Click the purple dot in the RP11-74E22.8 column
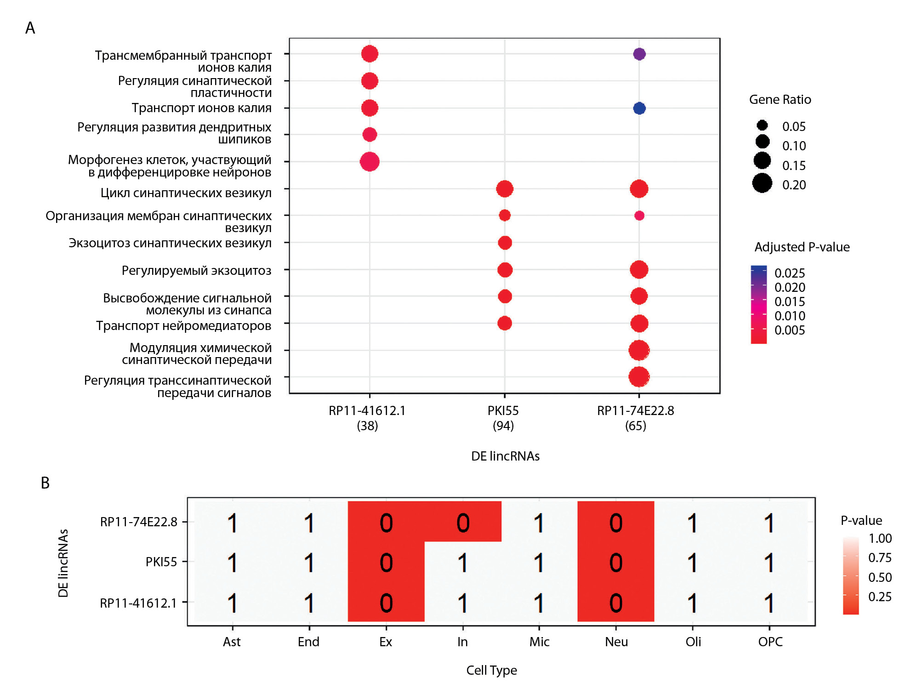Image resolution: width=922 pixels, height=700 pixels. tap(639, 54)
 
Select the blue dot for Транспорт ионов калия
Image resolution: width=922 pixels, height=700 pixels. tap(639, 108)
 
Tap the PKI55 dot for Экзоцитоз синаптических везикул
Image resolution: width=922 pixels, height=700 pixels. tap(505, 243)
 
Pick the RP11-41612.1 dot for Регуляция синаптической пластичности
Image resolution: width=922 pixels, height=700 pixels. tap(370, 81)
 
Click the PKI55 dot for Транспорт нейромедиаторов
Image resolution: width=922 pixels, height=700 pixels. tap(505, 324)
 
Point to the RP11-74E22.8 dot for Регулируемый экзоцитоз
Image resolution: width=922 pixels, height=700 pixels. tap(639, 270)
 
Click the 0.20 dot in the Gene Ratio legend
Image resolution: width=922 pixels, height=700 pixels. tap(762, 183)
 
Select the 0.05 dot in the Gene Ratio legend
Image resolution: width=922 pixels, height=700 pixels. tap(762, 125)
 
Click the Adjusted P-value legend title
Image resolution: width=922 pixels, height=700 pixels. tap(802, 247)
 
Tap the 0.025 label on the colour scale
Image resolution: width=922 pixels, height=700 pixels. tap(790, 273)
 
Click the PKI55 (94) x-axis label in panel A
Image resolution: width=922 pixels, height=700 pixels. tap(503, 418)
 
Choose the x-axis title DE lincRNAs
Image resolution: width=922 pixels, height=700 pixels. tap(505, 456)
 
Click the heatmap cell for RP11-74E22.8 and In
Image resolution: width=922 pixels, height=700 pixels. tap(463, 523)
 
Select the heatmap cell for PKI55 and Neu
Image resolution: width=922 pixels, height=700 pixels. tap(616, 563)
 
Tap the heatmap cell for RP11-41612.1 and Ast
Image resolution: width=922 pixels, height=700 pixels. tap(233, 603)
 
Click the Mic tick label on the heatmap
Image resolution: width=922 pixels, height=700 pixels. tap(539, 642)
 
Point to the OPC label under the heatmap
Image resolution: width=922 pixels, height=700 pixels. tap(770, 642)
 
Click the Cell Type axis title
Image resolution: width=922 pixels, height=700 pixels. tap(491, 671)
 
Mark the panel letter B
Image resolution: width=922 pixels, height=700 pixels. tap(45, 483)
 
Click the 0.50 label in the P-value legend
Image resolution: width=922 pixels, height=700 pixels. tap(880, 578)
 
